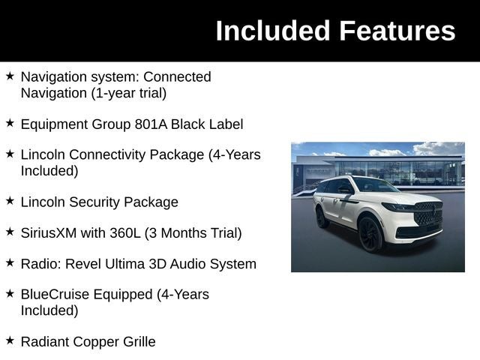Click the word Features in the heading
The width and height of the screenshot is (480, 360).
coord(397,31)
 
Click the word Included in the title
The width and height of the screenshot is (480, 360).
coord(272,31)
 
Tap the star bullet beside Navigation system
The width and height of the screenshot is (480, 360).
coord(10,76)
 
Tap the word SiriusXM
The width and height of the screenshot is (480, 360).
coord(49,232)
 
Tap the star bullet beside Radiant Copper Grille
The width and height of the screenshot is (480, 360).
coord(10,341)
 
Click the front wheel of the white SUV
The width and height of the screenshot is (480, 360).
coord(370,233)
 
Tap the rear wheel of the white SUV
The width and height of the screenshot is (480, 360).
coord(322,217)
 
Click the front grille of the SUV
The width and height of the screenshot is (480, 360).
coord(428,214)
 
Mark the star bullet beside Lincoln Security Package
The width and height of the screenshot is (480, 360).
coord(10,201)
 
